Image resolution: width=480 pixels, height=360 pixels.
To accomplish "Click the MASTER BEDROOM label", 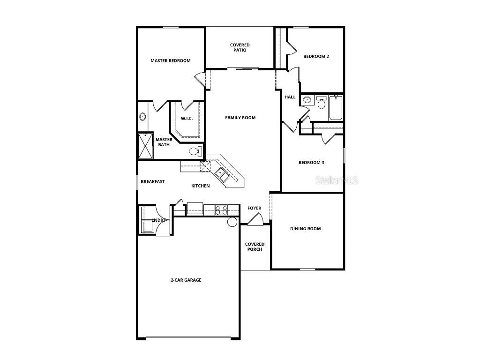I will pos(170,60).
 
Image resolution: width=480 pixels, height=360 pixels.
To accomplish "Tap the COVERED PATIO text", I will pos(240,48).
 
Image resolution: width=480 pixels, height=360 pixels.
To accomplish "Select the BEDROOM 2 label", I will pos(316,56).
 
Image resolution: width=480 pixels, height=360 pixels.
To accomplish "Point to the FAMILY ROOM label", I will pos(240,118).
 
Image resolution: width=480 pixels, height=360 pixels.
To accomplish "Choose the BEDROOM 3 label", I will pos(311,163).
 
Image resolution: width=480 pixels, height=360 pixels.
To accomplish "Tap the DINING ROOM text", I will pos(305,229).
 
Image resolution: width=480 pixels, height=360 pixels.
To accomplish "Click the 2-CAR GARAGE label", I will pos(186,280).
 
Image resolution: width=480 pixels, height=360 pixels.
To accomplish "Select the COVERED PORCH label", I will pos(255,247).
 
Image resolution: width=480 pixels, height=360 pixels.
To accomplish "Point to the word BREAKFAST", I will pos(153,181).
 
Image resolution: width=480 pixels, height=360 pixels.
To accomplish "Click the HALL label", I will pos(290,97).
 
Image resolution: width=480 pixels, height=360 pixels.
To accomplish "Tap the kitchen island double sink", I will pos(222,176).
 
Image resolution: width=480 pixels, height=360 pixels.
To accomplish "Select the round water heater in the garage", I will pos(232,222).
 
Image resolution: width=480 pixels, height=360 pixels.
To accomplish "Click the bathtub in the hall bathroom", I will pos(336,107).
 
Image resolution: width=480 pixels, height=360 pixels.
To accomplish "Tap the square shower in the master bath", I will pos(145,146).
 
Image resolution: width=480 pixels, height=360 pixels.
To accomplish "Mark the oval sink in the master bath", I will pos(142,117).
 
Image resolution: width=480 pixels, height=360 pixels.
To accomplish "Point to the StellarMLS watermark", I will pos(337,180).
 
